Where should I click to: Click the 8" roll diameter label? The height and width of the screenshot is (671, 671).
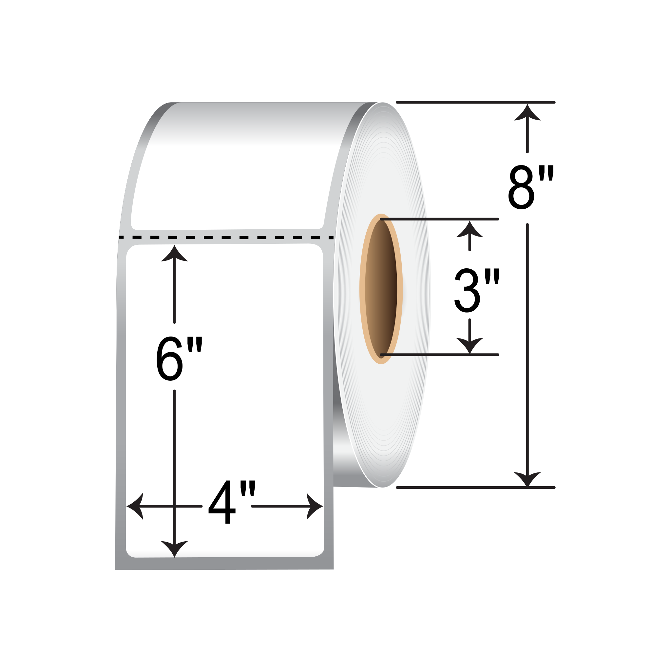point(531,187)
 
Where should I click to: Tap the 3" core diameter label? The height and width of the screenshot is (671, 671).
point(477,290)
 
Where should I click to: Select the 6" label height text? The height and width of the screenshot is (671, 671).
point(179,359)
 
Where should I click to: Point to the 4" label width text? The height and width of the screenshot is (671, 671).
point(232,502)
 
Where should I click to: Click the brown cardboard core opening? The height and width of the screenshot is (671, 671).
point(381,289)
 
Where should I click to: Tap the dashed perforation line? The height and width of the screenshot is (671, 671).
point(226,238)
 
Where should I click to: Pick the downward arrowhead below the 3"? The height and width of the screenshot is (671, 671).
point(470,346)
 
